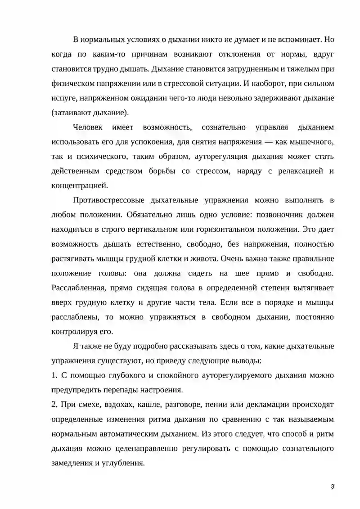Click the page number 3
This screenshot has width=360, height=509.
coord(332,487)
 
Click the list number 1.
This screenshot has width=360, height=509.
coord(54,375)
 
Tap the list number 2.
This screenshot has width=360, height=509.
coord(54,405)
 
